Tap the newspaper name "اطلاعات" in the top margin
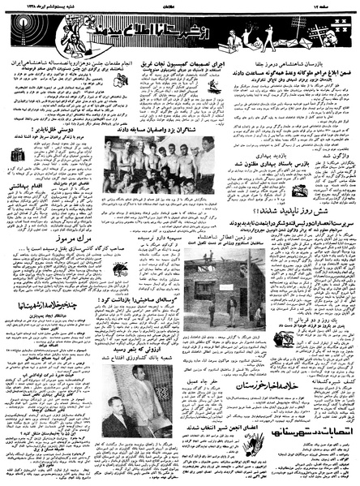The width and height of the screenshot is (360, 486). (x=178, y=6)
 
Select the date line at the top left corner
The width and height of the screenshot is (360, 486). (x=32, y=6)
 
